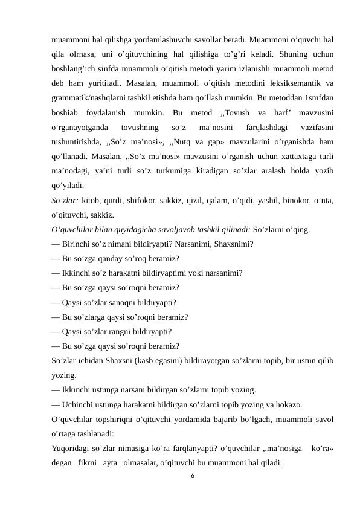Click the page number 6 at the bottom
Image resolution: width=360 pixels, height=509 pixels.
191,476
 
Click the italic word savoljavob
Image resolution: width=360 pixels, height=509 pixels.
176,230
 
